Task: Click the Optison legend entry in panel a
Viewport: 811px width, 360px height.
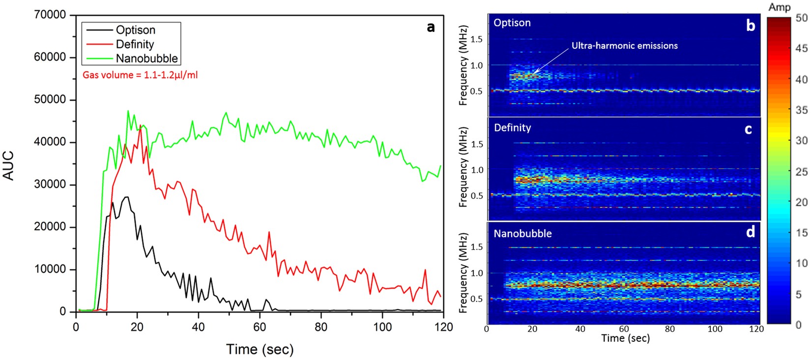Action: click(x=135, y=30)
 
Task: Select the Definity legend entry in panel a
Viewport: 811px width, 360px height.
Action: click(x=135, y=44)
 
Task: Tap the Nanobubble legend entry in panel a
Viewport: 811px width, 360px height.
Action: click(x=146, y=59)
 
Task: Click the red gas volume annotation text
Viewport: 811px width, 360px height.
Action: click(x=140, y=75)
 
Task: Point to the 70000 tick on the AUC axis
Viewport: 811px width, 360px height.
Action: click(x=50, y=15)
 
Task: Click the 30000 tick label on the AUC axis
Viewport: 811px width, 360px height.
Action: click(x=50, y=184)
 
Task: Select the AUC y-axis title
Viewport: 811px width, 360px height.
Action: click(x=8, y=166)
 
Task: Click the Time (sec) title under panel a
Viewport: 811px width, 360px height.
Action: click(x=260, y=349)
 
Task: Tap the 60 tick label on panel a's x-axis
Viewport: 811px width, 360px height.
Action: click(x=260, y=328)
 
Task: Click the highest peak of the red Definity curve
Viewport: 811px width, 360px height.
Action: click(x=141, y=125)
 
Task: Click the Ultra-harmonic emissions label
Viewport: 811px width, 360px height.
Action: click(x=624, y=46)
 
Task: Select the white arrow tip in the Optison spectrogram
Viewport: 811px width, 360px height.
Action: click(x=532, y=75)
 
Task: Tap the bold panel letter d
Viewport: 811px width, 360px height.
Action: click(x=750, y=232)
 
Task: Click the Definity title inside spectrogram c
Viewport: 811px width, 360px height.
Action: click(x=512, y=128)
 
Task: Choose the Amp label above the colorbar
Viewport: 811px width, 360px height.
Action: click(x=780, y=7)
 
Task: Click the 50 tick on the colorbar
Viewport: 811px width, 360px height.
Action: click(x=801, y=18)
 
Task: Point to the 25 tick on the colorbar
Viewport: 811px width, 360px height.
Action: click(x=801, y=171)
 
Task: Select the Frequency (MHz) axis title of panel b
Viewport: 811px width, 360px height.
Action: click(x=463, y=65)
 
